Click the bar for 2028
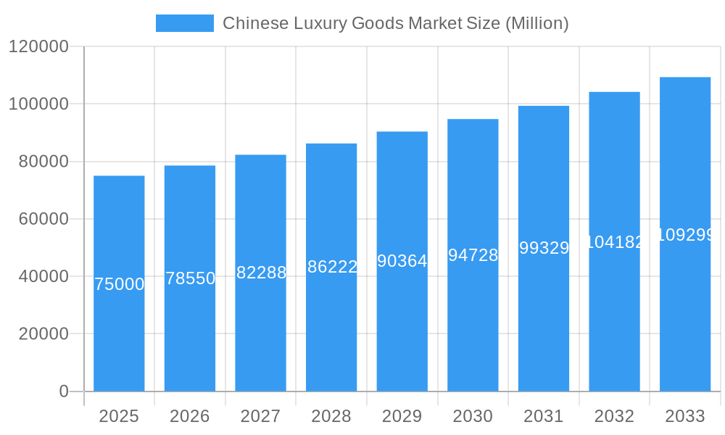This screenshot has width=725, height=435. [331, 326]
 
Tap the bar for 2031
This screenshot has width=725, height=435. [544, 326]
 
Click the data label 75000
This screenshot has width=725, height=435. [120, 284]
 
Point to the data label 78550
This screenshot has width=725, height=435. [190, 278]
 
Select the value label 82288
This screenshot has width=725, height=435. [261, 273]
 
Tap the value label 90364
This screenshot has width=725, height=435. [402, 261]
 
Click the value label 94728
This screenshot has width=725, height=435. [473, 255]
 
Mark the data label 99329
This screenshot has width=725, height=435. [544, 248]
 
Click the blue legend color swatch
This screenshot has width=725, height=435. [185, 23]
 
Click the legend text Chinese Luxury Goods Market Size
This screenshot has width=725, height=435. [395, 23]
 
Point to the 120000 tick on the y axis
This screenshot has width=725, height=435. [38, 46]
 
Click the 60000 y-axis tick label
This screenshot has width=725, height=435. [43, 219]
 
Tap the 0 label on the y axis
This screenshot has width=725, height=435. [63, 391]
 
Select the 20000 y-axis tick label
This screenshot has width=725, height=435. [43, 334]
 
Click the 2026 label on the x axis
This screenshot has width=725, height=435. [190, 416]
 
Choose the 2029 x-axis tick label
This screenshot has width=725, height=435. [402, 416]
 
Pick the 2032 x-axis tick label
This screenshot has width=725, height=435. [614, 416]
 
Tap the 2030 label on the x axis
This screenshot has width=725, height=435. [473, 416]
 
